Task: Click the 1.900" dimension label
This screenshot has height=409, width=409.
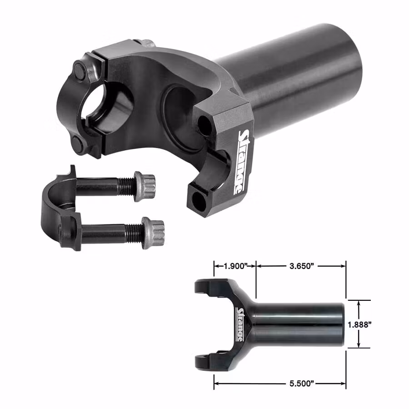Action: click(x=235, y=266)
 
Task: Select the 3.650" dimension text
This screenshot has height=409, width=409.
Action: click(x=301, y=266)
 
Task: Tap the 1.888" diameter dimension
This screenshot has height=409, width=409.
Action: click(x=359, y=324)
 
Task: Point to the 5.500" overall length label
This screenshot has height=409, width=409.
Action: click(x=301, y=384)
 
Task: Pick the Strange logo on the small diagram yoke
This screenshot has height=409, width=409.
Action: click(x=240, y=324)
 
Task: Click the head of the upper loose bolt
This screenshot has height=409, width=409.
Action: click(x=145, y=186)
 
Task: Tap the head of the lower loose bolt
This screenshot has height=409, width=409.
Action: click(x=153, y=233)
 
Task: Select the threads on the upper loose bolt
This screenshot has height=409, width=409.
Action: click(x=126, y=186)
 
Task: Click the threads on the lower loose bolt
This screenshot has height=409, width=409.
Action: click(x=134, y=232)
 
